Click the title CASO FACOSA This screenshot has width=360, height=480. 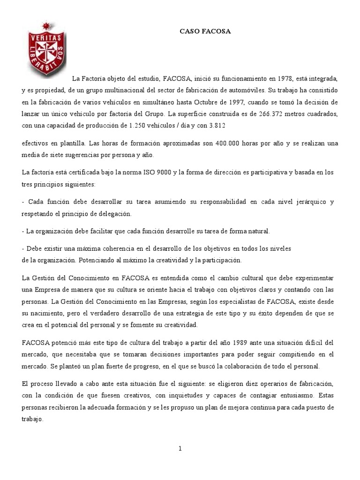click(x=206, y=31)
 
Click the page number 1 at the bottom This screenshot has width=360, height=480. click(x=180, y=449)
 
